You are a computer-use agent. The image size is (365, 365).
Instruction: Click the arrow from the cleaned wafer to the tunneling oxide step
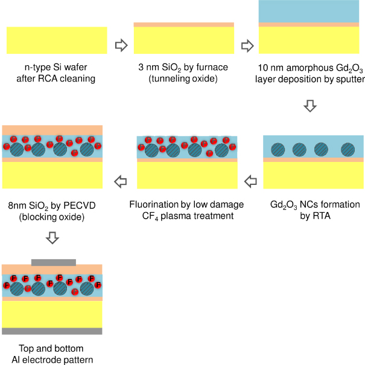(121, 45)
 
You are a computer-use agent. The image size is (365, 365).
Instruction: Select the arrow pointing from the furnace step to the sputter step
(247, 45)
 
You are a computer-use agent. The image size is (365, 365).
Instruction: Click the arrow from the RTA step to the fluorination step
(250, 179)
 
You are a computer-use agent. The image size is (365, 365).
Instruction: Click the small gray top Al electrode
(54, 262)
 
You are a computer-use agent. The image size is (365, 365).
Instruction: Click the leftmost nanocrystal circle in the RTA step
(278, 149)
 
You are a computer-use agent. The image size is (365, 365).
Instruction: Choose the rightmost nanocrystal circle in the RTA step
(348, 149)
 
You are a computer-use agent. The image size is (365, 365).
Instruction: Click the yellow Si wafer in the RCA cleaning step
(57, 40)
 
